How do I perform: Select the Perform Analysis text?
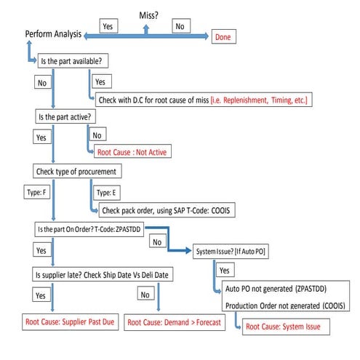[52, 34]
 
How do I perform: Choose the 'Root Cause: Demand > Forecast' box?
[178, 321]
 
